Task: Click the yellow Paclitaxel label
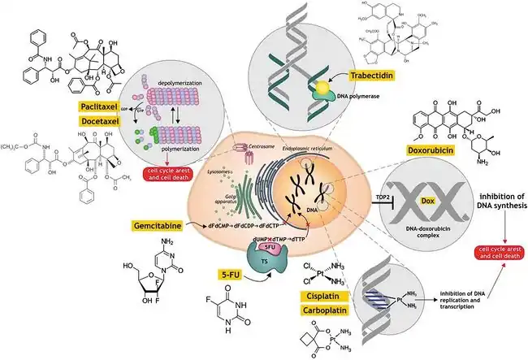pos(105,106)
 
